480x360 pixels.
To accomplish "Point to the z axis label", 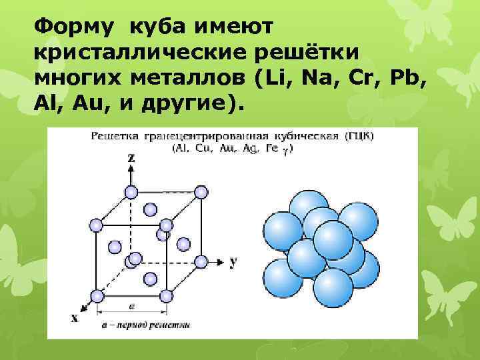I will tap(131, 158).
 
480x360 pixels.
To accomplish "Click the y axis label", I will tap(233, 261).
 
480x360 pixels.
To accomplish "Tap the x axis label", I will tap(74, 318).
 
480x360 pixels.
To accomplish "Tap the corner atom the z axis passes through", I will tap(131, 193).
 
